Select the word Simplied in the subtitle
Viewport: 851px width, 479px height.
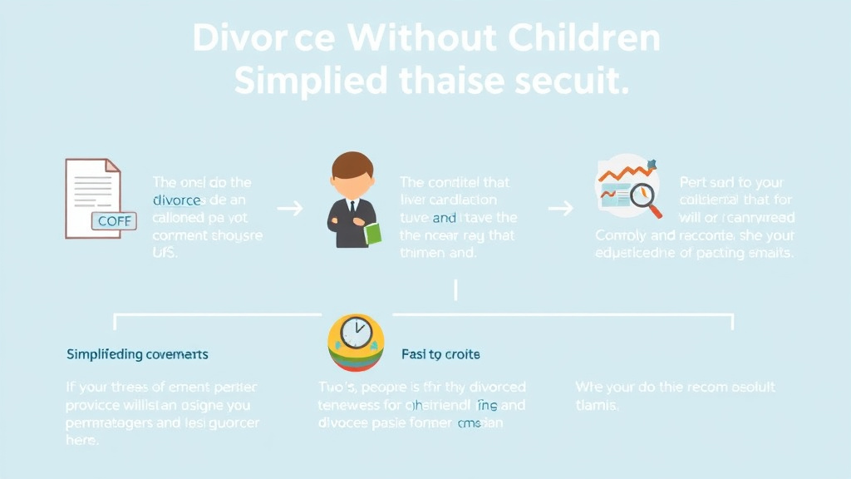coord(310,81)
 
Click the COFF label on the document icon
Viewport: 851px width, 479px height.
coord(114,221)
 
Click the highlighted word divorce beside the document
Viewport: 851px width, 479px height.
coord(176,200)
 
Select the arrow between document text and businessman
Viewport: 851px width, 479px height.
coord(290,208)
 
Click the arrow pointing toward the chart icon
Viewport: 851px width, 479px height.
coord(561,208)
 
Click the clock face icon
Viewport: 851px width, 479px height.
coord(357,333)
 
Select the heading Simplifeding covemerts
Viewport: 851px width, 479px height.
coord(137,354)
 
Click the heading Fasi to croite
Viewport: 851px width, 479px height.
coord(440,354)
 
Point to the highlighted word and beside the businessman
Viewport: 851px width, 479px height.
coord(444,218)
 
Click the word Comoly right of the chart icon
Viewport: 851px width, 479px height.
coord(622,235)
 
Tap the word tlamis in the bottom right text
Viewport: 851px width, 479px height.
coord(597,405)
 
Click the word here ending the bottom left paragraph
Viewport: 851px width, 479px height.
coord(82,441)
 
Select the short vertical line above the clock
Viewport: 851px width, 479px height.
coord(455,289)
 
